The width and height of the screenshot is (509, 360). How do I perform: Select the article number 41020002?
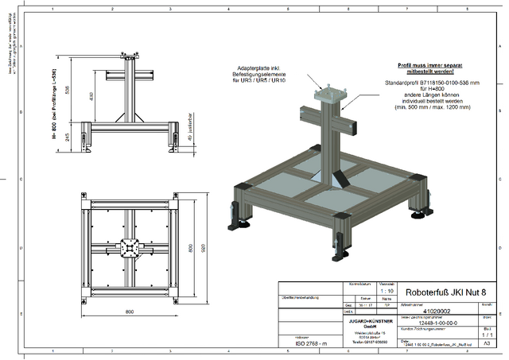431,312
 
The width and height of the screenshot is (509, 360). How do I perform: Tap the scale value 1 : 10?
386,291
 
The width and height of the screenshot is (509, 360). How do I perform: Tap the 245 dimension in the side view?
68,136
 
